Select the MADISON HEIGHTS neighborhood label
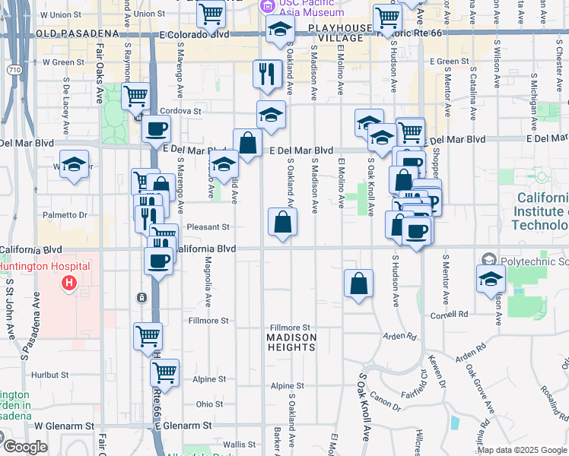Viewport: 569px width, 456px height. pos(291,341)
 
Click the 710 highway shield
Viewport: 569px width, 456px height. pos(14,69)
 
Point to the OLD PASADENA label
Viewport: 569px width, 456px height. pos(77,34)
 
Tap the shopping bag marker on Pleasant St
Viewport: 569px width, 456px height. pos(282,223)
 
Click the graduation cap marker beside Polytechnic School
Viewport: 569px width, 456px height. pos(491,280)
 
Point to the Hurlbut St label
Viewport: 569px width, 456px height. pos(51,375)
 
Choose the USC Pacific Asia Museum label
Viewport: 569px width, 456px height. pos(300,7)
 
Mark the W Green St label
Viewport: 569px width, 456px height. pos(63,62)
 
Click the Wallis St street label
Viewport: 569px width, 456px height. pos(239,445)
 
